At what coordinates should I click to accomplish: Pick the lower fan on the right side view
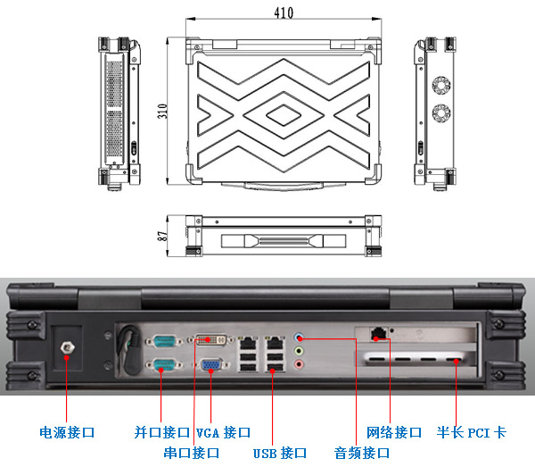click(440, 113)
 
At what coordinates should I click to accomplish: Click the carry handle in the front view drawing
click(282, 242)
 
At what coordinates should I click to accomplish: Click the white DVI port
click(211, 339)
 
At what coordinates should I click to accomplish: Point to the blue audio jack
click(300, 339)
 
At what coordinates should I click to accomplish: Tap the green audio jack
click(300, 352)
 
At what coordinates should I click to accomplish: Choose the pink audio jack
click(300, 364)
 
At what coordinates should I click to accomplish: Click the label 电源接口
click(67, 433)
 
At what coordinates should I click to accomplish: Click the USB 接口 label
click(280, 453)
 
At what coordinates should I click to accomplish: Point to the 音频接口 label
click(362, 453)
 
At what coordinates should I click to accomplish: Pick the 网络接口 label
click(394, 433)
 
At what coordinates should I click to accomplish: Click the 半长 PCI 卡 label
click(471, 433)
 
